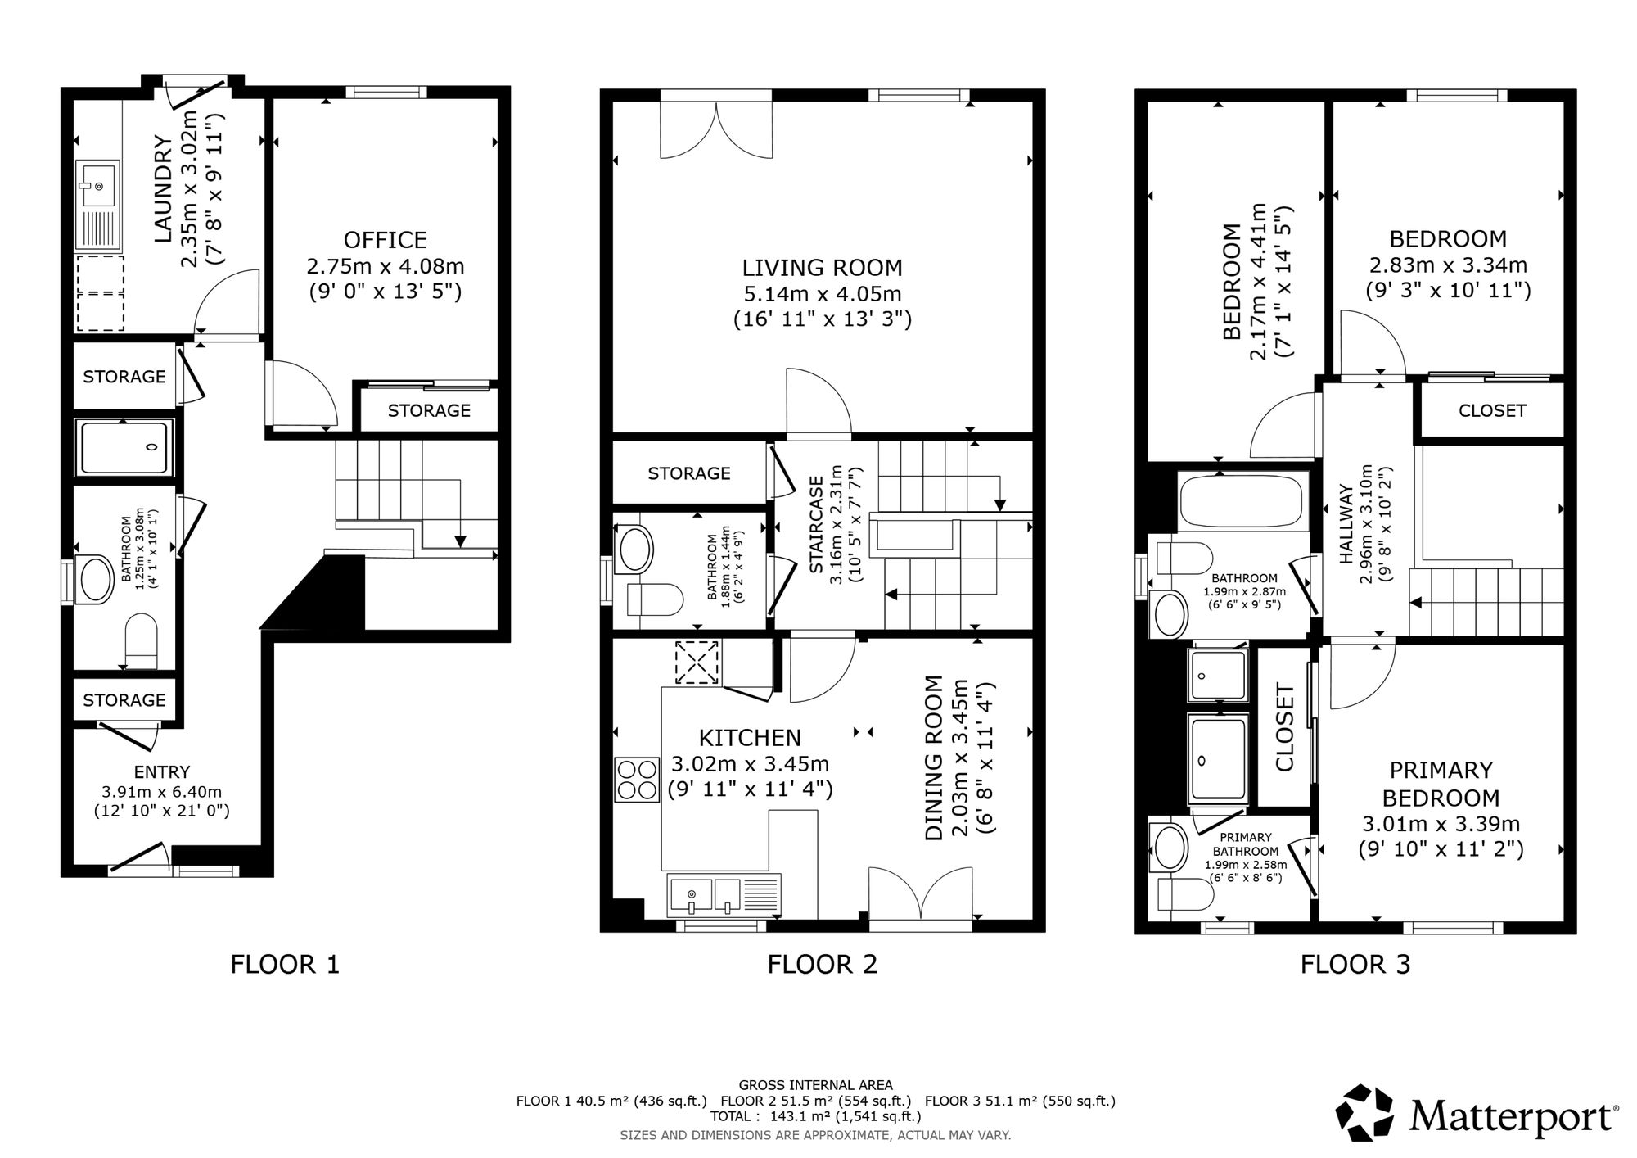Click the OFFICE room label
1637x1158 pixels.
coord(385,240)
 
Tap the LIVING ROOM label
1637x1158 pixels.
coord(822,268)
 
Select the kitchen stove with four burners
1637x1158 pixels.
coord(637,780)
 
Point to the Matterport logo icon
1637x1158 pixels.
coord(1364,1112)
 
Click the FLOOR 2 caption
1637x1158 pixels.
coord(822,964)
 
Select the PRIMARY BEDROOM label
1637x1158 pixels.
coord(1441,784)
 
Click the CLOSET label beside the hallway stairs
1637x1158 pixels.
coord(1491,410)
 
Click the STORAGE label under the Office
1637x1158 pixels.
coord(429,410)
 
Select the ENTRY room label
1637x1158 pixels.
coord(162,771)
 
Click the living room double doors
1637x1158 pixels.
coord(716,129)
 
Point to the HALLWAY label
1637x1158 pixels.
coord(1346,524)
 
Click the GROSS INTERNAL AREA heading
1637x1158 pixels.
coord(815,1085)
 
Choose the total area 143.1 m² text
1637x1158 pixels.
coord(815,1116)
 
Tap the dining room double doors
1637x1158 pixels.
coord(921,894)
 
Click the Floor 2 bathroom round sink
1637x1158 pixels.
coord(636,550)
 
